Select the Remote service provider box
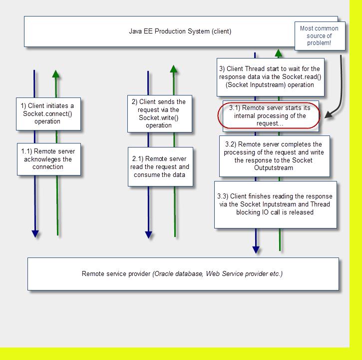(x=183, y=274)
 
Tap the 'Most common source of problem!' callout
(x=320, y=36)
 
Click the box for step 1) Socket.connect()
(x=48, y=114)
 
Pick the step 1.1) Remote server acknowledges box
(x=49, y=159)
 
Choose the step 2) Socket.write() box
(x=160, y=113)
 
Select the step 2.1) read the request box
(x=160, y=166)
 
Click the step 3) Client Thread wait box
(x=271, y=77)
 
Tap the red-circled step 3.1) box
(x=269, y=115)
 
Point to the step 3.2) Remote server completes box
(x=275, y=156)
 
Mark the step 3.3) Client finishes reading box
(x=276, y=205)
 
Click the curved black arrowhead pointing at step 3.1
(x=329, y=114)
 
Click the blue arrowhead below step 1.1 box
(x=35, y=234)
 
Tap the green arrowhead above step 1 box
(x=55, y=74)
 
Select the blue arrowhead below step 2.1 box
(x=148, y=235)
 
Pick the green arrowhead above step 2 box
(x=174, y=69)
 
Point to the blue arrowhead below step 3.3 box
(x=256, y=249)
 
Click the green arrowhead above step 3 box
(x=279, y=53)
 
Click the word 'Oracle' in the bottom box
(x=163, y=274)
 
